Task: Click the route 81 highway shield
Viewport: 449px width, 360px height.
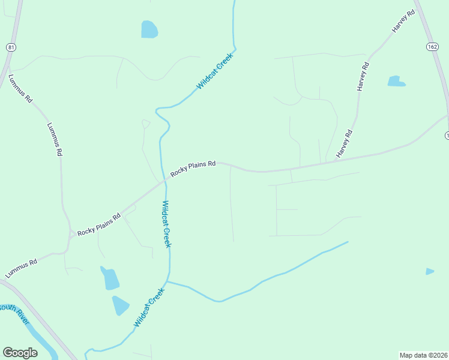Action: click(x=11, y=47)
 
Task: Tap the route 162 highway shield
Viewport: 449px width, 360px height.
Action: click(x=432, y=47)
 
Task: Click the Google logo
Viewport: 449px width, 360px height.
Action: click(x=20, y=352)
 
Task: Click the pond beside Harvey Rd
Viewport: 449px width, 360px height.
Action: click(x=396, y=81)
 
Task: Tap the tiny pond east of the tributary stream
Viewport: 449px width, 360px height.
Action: click(x=429, y=272)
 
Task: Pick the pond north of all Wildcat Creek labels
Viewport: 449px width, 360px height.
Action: click(x=149, y=29)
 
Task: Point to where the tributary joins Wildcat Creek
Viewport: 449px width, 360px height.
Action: click(x=168, y=281)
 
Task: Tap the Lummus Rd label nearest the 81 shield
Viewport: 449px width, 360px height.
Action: click(x=20, y=89)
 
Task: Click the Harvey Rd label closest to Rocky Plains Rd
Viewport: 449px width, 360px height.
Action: click(x=344, y=144)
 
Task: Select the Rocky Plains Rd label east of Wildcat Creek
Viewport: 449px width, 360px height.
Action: click(x=193, y=168)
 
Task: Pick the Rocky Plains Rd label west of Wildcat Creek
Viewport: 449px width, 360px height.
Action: click(x=99, y=223)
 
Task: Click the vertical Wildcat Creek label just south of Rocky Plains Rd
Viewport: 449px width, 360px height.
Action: click(x=166, y=224)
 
